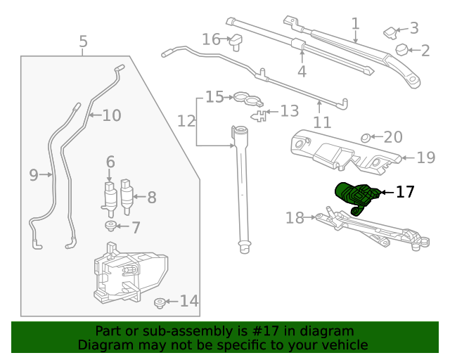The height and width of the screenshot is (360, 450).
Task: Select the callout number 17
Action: point(405,191)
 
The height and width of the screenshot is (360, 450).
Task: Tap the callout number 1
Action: point(356,23)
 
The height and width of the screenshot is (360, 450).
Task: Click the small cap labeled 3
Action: point(390,30)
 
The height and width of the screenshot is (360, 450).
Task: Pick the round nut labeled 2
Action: point(403,50)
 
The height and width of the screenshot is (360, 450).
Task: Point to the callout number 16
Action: point(211,39)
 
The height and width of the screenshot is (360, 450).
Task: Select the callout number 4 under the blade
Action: point(302,71)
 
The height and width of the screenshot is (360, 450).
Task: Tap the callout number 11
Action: point(322,122)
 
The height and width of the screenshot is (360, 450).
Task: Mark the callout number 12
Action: point(186,121)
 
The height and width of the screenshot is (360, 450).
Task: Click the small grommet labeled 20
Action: point(366,137)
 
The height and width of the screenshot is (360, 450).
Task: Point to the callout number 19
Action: point(426,157)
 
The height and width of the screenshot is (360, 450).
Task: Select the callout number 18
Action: point(295,218)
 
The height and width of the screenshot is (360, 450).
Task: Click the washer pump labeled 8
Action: point(127,198)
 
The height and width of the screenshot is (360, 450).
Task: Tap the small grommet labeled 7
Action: point(110,226)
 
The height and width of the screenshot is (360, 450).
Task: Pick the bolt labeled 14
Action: point(160,303)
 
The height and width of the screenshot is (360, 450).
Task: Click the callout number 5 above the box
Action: point(83,41)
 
